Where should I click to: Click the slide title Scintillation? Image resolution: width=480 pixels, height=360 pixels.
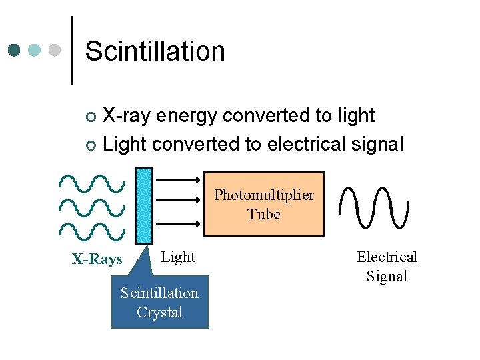155,51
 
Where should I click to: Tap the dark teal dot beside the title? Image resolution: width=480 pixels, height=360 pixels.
15,50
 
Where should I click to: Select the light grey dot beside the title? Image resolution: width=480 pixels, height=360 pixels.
55,50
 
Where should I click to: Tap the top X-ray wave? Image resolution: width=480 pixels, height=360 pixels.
92,181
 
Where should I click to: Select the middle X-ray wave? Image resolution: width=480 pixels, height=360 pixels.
92,206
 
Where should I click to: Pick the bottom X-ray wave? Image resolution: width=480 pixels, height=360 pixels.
92,231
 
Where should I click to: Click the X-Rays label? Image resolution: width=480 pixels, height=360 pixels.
97,259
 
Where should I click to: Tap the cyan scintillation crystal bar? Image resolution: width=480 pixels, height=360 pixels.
143,205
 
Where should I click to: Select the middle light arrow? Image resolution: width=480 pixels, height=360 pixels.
177,198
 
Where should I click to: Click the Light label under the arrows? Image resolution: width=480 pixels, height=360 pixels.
179,257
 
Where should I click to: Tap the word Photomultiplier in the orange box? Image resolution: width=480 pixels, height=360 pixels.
264,195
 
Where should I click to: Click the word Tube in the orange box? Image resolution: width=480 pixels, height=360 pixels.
264,214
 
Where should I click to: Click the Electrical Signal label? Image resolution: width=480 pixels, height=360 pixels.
387,266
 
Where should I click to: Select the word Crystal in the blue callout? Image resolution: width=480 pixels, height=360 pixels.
159,312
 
